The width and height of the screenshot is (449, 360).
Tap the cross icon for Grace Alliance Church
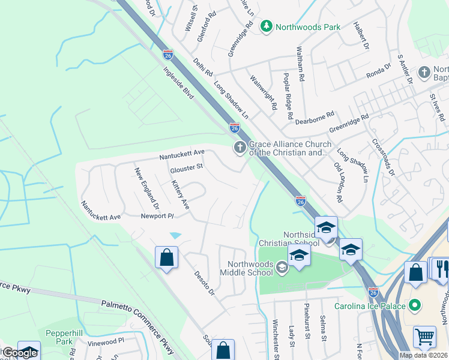click(x=240, y=148)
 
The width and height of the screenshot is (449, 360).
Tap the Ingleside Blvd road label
click(x=179, y=82)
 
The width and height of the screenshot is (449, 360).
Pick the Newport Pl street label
click(x=157, y=216)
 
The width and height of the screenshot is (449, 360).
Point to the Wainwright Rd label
click(x=263, y=91)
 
